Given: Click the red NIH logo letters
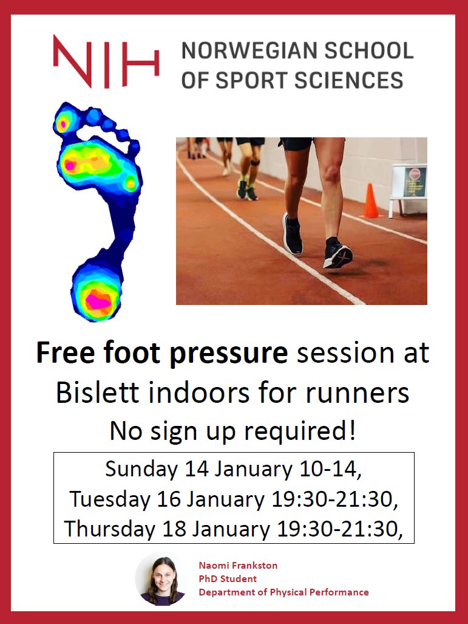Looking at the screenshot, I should point(106,61).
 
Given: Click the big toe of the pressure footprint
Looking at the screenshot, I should point(63,123).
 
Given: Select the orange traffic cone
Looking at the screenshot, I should point(370,201).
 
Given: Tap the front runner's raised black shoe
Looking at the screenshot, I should point(337,253).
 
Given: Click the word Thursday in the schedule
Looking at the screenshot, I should point(109,529).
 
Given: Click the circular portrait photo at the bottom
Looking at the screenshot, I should point(161,579).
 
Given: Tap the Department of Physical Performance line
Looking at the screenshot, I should point(283,592).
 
